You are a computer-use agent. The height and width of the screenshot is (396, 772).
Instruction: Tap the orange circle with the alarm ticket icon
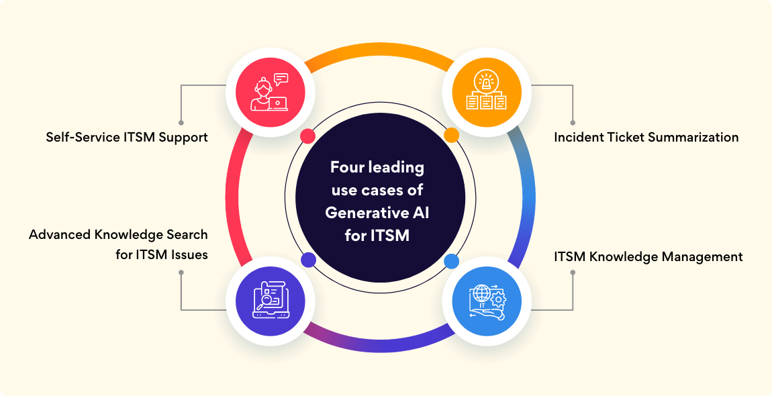487,93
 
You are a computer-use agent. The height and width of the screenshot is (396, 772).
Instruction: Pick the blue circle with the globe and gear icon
487,299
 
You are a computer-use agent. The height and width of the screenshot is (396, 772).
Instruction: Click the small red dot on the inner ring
308,136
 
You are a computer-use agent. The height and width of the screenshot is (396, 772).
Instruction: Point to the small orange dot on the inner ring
451,136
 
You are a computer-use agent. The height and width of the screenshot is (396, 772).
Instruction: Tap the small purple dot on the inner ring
308,260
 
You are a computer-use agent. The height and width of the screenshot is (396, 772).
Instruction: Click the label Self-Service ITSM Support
127,137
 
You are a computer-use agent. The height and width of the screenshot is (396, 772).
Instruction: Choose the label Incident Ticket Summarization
646,137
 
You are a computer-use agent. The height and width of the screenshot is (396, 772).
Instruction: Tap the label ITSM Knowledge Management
648,256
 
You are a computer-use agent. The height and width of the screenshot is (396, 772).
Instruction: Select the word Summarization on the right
697,137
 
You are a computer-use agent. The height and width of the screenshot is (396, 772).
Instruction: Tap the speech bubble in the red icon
281,79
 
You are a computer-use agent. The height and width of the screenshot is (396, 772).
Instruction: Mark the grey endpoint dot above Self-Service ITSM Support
181,123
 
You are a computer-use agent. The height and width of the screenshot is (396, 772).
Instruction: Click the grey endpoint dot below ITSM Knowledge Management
573,273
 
